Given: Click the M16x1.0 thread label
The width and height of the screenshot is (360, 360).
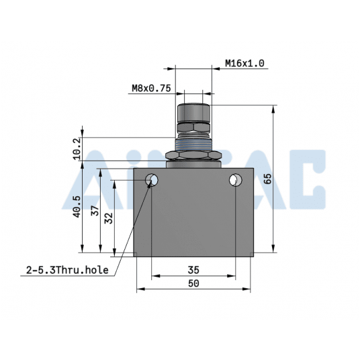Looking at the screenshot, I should click(244, 64).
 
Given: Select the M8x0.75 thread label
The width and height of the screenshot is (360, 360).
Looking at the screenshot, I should click(151, 87).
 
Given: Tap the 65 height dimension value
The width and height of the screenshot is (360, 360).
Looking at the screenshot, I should click(268, 179).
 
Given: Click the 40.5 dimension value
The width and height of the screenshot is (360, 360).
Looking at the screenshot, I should click(77, 206).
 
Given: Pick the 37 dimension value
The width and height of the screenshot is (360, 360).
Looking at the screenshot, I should click(95, 210).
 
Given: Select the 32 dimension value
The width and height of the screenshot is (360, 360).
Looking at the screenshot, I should click(109, 218).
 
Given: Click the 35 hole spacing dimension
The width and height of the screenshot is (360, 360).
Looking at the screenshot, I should click(193, 269).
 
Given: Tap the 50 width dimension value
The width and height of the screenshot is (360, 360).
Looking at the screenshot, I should click(193, 284).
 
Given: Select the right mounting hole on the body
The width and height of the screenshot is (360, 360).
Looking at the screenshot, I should click(235, 180).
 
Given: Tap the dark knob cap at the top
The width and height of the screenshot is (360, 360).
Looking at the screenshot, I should click(193, 111).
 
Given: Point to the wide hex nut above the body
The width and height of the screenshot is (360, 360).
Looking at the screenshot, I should click(193, 156).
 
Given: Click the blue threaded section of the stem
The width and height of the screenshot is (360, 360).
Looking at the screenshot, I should click(193, 142).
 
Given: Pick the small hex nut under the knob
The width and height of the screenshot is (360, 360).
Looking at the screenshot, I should click(193, 127).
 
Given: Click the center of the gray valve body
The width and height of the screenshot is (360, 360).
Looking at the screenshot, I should click(193, 214).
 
